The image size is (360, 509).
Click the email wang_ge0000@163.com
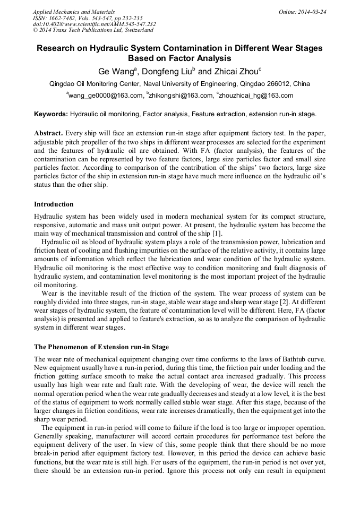pos(106,96)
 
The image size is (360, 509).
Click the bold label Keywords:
pos(51,114)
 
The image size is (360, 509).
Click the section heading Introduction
pos(54,204)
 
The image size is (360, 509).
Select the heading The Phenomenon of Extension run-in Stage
pos(101,347)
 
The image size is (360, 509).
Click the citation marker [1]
pos(218,234)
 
